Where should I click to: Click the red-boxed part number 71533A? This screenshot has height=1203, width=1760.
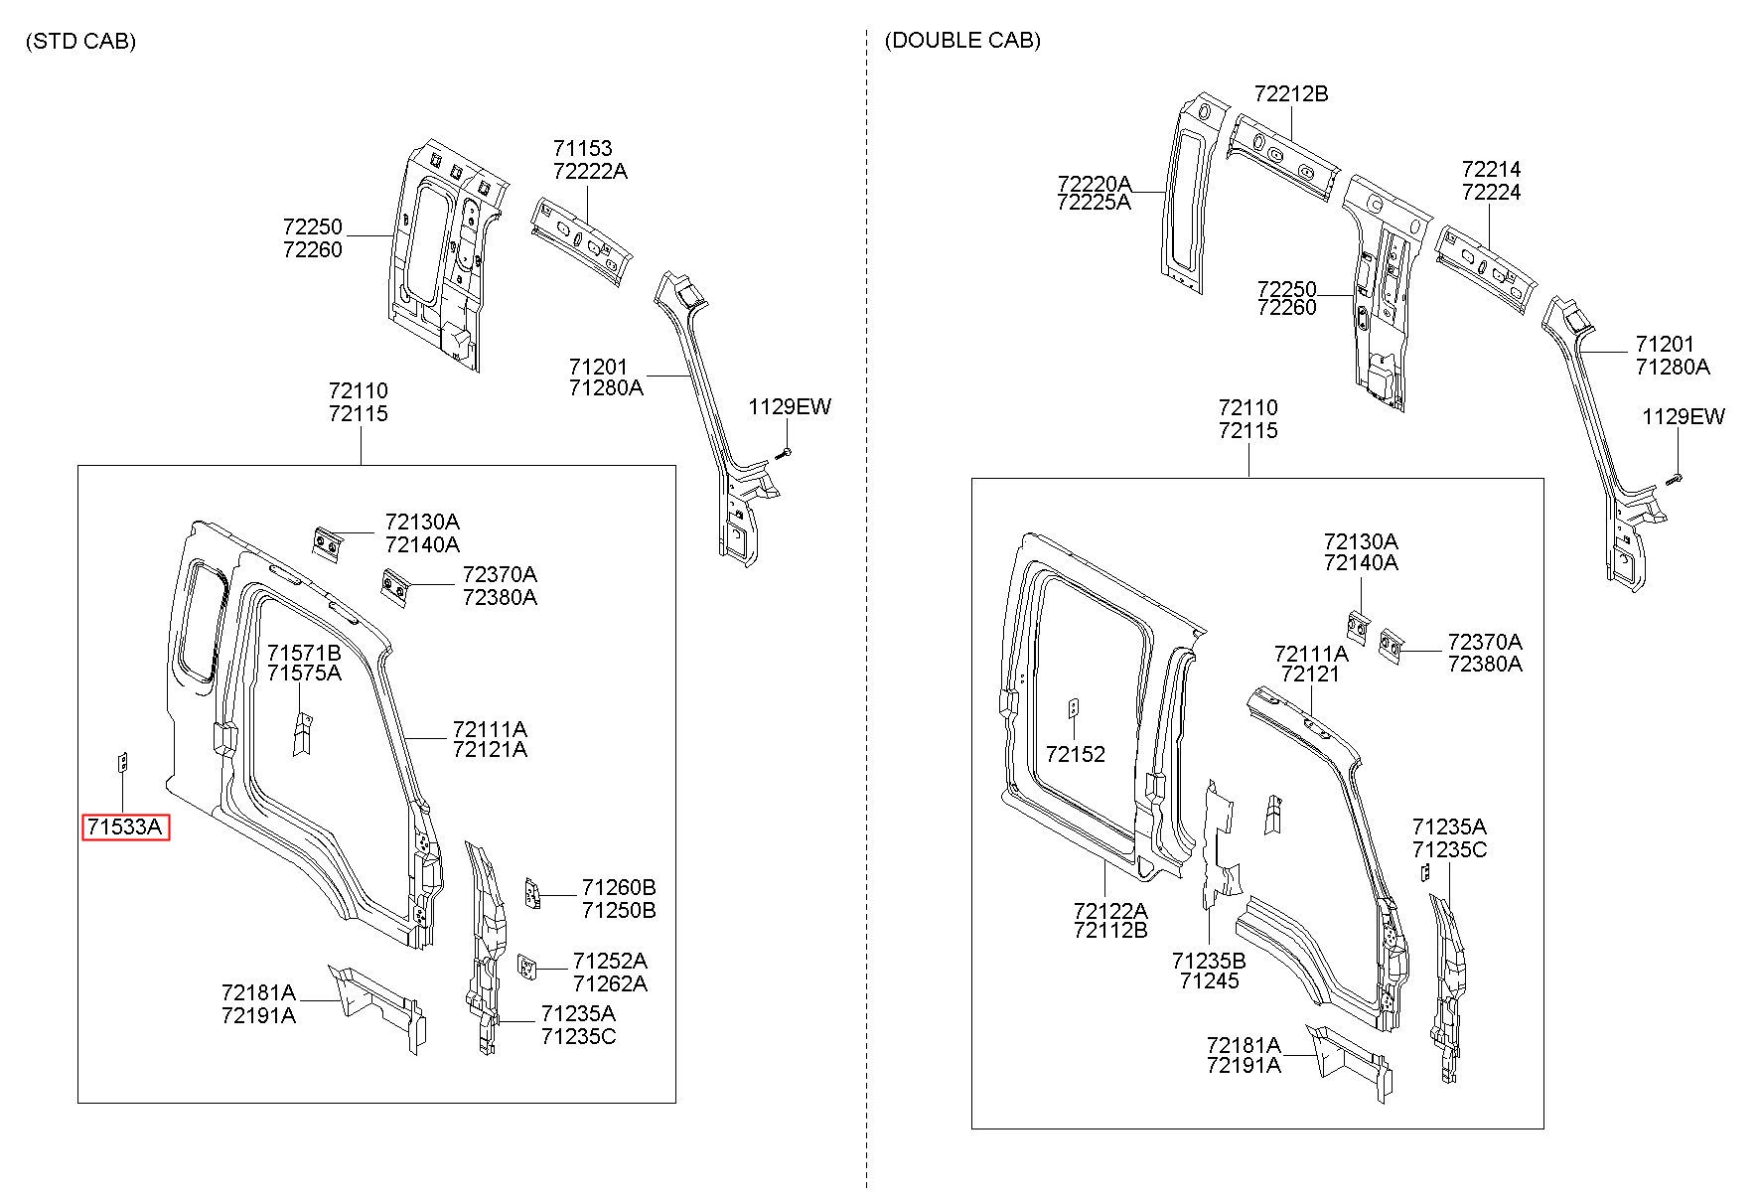125,827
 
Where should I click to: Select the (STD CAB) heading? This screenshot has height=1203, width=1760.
81,41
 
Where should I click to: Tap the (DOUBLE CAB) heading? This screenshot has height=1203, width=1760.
962,40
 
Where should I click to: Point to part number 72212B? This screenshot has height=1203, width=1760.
1291,94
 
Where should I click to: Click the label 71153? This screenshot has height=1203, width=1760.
583,149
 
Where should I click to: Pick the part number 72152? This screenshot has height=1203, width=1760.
1076,754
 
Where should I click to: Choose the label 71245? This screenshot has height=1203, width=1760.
1210,981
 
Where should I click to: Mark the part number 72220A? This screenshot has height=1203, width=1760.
1095,184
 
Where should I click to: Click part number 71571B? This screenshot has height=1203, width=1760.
304,653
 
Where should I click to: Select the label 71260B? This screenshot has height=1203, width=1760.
619,887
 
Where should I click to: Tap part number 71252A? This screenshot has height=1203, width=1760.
610,961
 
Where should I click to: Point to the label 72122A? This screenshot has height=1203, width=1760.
1110,909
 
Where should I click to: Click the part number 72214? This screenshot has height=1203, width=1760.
1491,169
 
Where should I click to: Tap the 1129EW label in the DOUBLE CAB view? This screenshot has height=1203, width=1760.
1684,416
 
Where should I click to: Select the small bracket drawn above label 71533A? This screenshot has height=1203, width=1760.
123,762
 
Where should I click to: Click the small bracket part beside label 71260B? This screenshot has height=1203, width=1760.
532,892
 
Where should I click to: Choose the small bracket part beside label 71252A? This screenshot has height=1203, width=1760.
526,964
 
